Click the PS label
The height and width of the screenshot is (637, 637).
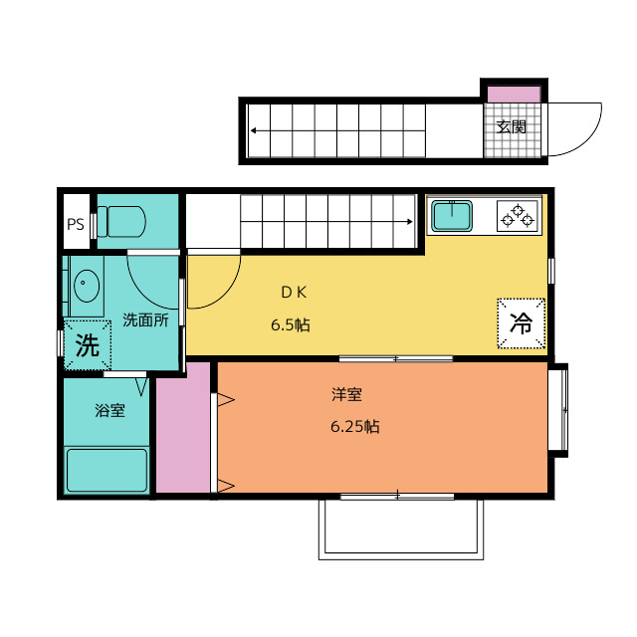[76, 224]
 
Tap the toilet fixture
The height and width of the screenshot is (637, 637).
[121, 221]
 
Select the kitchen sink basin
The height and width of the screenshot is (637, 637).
[452, 216]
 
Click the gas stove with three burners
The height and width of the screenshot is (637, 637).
[518, 216]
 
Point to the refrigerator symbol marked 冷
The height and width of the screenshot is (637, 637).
[522, 323]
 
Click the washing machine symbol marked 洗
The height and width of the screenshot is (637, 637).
[88, 345]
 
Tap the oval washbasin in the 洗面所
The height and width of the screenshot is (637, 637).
[87, 286]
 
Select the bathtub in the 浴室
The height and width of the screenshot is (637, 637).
[106, 470]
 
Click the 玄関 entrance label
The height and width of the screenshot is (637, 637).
[511, 126]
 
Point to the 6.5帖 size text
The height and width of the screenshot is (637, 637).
[291, 325]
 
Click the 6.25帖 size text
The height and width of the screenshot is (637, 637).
[355, 427]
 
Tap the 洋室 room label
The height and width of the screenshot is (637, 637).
[346, 394]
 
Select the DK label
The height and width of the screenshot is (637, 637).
[295, 292]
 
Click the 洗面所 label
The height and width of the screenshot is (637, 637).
[145, 320]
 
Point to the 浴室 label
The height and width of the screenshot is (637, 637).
[109, 410]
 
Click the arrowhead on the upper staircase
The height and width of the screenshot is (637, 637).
[254, 130]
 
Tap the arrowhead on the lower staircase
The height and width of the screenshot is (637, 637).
[409, 221]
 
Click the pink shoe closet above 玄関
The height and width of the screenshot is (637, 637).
[514, 95]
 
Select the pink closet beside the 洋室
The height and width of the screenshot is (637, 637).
[183, 428]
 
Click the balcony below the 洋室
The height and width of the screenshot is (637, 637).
[401, 529]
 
